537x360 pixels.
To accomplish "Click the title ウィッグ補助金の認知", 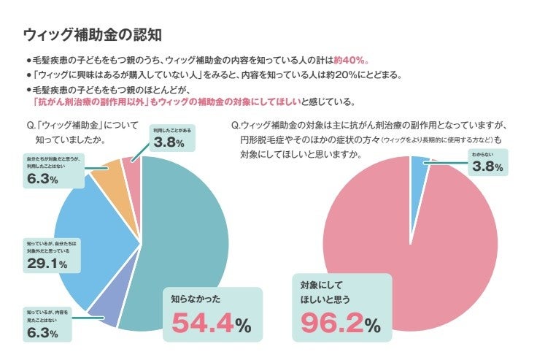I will click(92, 34).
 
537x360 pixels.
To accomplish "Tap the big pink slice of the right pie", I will click(409, 241).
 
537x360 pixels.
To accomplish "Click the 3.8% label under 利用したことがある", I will click(169, 142).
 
